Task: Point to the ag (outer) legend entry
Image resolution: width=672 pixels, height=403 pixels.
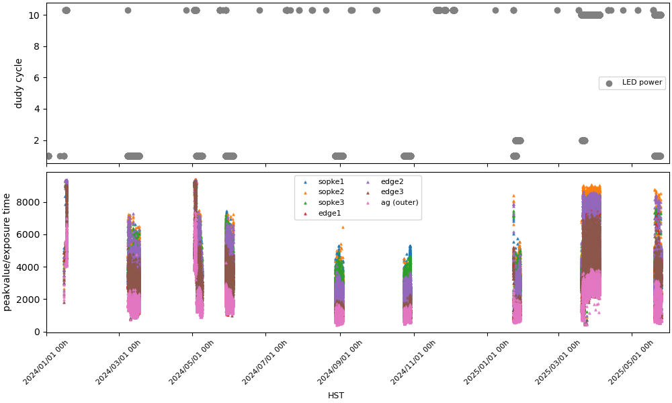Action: [399, 202]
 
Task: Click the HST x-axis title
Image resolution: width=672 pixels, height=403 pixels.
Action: [336, 396]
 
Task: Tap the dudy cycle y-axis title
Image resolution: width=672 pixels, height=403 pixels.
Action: [19, 83]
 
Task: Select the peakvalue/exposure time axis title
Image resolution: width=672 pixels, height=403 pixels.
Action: [7, 252]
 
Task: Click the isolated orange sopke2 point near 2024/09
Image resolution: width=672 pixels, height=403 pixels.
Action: [343, 227]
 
